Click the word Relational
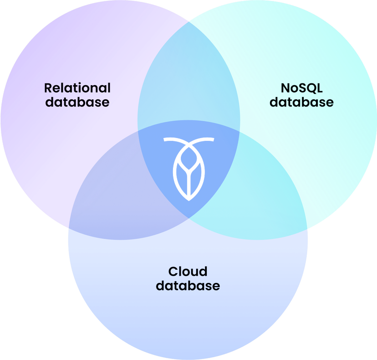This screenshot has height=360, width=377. pos(77,87)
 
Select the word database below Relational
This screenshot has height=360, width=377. pos(77,102)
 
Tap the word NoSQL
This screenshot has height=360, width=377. pos(301,87)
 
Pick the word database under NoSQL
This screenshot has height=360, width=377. pos(301,102)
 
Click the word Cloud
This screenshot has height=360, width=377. pos(188,272)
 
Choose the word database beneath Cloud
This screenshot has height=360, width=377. pos(188,286)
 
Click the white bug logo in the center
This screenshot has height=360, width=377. pos(188,169)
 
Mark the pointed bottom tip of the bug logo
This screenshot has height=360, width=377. pos(188,200)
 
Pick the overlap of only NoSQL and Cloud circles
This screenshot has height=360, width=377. pos(264,191)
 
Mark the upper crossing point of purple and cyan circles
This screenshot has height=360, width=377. pos(188,21)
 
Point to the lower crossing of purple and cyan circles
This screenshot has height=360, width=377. pos(188,218)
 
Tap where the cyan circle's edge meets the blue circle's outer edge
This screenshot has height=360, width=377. pos(307,227)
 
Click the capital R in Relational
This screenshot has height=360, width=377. pos(48,87)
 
